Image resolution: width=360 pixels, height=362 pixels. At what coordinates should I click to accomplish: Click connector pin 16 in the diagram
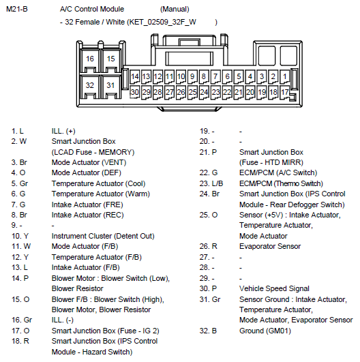click(90, 59)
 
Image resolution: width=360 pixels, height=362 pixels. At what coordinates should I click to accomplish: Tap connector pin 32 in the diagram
click(90, 85)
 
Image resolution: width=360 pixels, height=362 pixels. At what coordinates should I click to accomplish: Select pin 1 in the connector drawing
click(285, 76)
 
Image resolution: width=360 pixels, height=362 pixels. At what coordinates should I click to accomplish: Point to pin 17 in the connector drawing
click(285, 92)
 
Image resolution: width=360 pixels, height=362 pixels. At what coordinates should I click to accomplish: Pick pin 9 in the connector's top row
click(192, 76)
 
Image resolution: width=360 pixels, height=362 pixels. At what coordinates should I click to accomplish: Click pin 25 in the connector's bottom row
click(192, 92)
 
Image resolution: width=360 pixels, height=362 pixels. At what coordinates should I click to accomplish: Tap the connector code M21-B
click(17, 10)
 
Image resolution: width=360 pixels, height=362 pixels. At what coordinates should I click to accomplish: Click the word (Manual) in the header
click(175, 10)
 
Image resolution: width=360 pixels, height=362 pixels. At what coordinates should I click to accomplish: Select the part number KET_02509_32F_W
click(162, 22)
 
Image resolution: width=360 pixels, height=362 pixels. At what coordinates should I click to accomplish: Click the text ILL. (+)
click(63, 131)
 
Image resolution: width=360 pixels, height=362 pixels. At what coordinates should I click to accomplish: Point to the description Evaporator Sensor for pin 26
click(270, 246)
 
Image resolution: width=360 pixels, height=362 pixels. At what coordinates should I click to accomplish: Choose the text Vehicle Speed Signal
click(274, 288)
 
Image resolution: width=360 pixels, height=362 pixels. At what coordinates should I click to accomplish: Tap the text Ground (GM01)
click(265, 331)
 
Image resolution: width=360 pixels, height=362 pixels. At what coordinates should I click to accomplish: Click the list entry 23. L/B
click(211, 183)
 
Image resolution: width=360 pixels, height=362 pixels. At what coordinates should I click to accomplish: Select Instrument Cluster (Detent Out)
click(103, 236)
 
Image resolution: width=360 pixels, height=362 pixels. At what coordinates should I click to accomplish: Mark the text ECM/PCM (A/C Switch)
click(278, 173)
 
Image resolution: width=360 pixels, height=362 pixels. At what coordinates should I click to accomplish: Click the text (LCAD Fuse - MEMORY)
click(93, 153)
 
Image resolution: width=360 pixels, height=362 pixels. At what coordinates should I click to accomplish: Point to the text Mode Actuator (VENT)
click(89, 162)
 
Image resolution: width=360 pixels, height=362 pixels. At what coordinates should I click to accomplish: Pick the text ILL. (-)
click(63, 320)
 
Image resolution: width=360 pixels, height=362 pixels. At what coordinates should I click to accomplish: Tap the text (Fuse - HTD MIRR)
click(271, 162)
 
